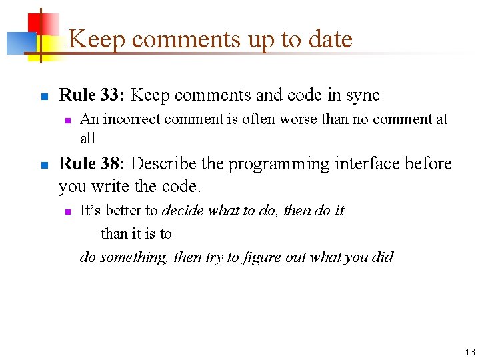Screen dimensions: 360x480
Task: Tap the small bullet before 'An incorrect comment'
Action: click(67, 121)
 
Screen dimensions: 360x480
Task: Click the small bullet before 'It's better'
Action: click(67, 212)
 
